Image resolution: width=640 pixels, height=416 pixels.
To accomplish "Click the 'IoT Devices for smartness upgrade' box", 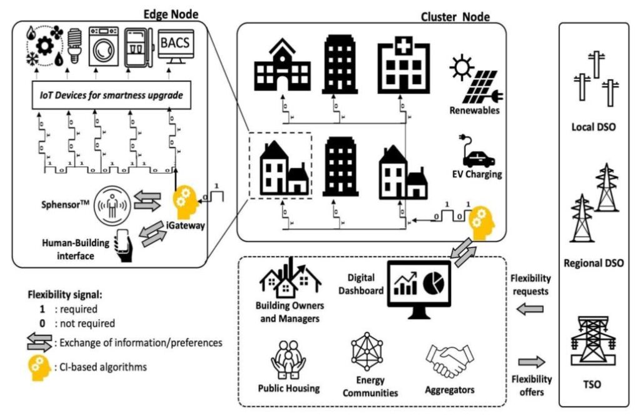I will click(107, 95).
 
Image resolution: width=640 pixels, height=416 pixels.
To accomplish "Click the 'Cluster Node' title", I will click(456, 17).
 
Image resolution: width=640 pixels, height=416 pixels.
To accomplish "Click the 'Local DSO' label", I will click(593, 127).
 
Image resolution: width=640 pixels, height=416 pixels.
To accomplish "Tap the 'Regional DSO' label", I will click(593, 263).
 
